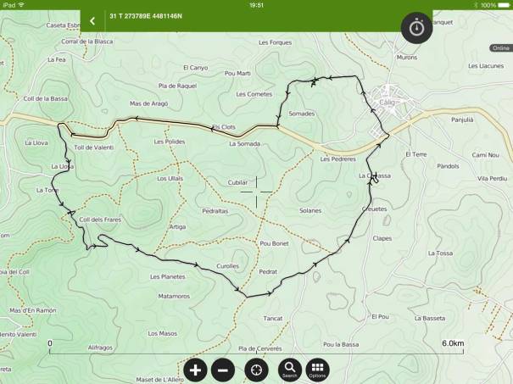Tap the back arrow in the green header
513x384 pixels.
pyautogui.click(x=92, y=21)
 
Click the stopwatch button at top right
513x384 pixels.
pyautogui.click(x=417, y=27)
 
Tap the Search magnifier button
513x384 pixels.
pyautogui.click(x=290, y=370)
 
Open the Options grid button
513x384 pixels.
pyautogui.click(x=317, y=370)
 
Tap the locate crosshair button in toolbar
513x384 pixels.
pyautogui.click(x=255, y=370)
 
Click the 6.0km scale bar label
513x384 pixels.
pyautogui.click(x=452, y=343)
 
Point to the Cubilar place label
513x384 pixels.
pyautogui.click(x=238, y=182)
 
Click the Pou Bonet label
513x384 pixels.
pyautogui.click(x=275, y=243)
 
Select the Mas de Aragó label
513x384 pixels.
pyautogui.click(x=148, y=103)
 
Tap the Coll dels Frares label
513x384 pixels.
pyautogui.click(x=100, y=220)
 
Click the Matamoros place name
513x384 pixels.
pyautogui.click(x=174, y=296)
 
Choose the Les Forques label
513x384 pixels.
pyautogui.click(x=275, y=42)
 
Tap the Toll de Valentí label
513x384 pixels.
pyautogui.click(x=93, y=147)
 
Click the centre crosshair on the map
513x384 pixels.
pyautogui.click(x=256, y=192)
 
